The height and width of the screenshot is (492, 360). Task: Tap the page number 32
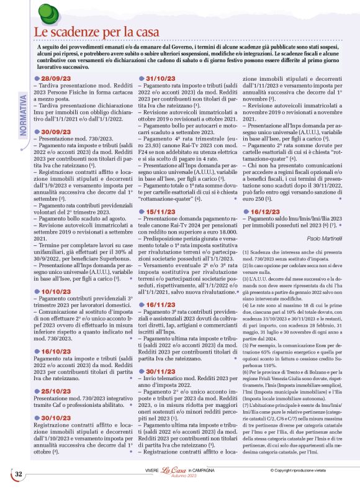point(19,473)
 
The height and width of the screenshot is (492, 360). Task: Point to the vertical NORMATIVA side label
point(23,117)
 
